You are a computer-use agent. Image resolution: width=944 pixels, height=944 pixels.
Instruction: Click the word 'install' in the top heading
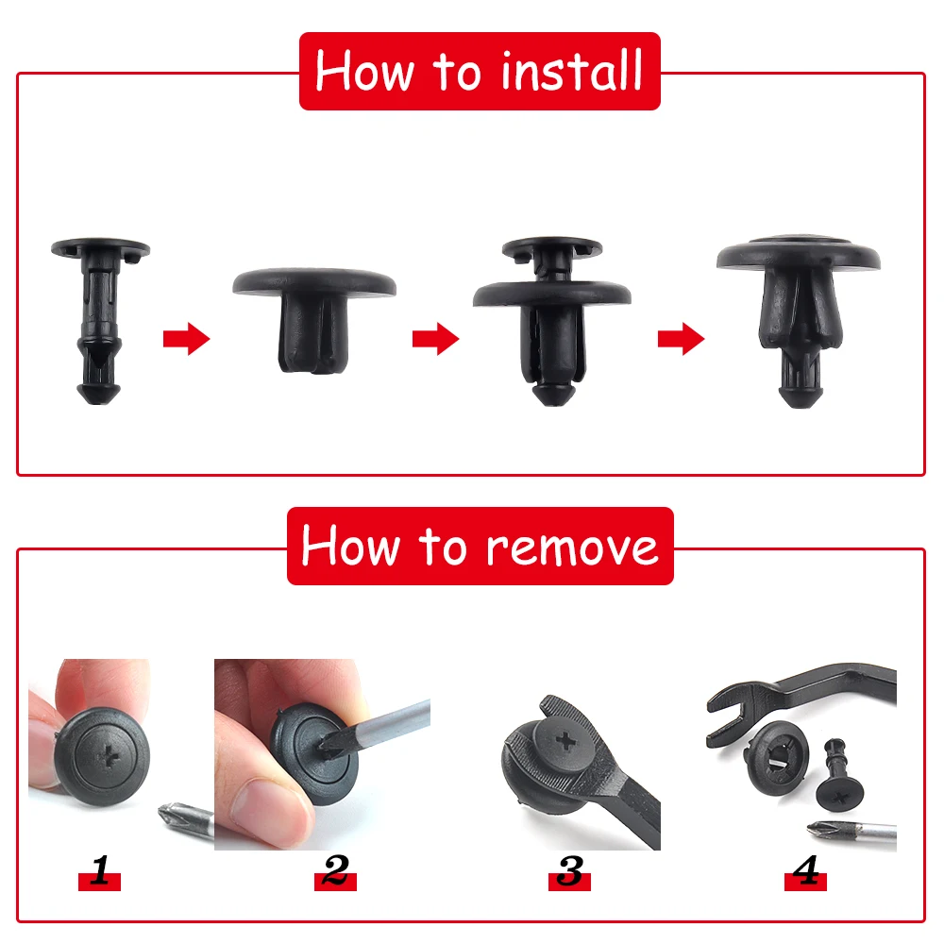pos(571,72)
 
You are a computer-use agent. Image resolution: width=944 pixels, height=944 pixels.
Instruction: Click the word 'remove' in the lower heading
pos(571,548)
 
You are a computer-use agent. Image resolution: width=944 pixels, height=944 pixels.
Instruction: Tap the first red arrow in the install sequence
pos(186,339)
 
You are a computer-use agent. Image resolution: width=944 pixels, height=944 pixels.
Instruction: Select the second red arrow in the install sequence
pos(435,339)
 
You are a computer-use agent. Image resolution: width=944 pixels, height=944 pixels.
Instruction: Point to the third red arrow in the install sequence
pos(681,339)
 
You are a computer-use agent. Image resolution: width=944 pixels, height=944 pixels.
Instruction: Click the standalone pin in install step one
pos(100,320)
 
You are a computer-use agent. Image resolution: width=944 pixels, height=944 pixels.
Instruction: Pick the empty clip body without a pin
pos(314,320)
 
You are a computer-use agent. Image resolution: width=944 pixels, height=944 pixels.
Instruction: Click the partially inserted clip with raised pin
pos(552,322)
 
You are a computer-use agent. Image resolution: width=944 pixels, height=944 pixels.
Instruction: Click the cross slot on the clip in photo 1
pos(109,757)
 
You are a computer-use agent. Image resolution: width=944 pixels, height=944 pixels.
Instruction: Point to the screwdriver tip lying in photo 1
pos(172,815)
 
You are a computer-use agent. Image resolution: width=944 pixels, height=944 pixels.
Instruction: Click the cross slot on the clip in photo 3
pos(565,740)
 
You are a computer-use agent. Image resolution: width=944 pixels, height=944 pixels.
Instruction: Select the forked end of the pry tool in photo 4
pos(732,714)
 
